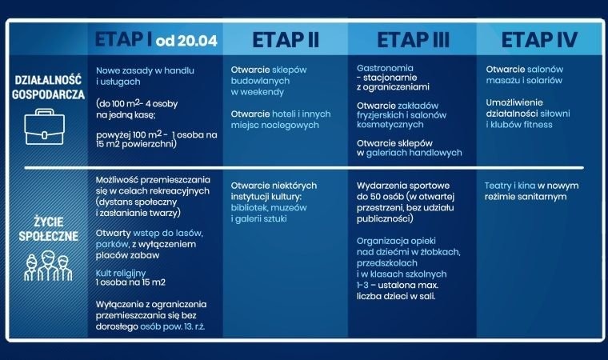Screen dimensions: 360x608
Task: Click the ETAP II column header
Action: coord(285,40)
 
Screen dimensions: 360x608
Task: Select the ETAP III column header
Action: coord(412,40)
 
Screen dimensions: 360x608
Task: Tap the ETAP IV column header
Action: coord(540,40)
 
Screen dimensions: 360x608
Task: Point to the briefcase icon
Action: coord(43,125)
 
